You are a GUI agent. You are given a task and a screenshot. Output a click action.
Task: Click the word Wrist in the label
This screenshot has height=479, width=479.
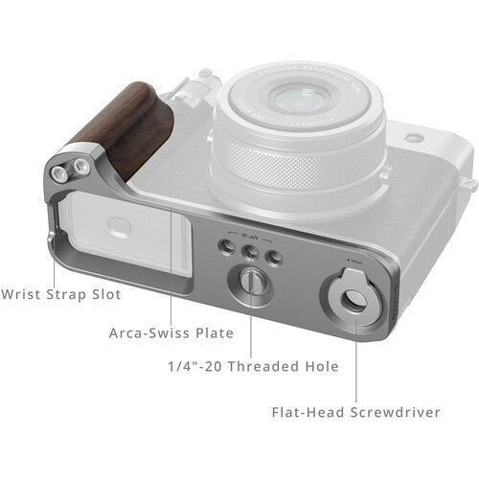22,294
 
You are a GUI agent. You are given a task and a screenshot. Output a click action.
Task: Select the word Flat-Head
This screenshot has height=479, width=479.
307,413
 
